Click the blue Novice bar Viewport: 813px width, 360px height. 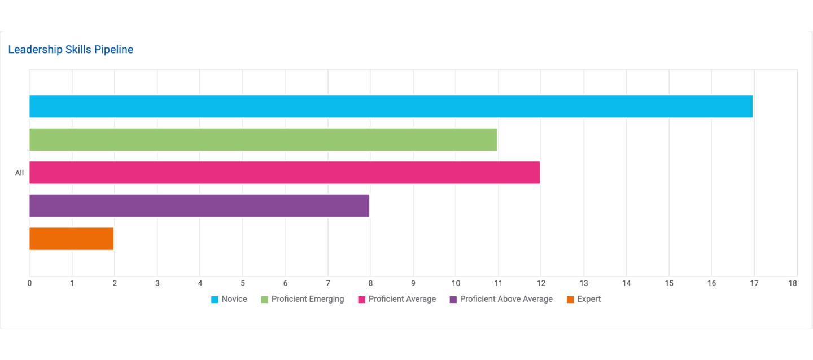tap(391, 107)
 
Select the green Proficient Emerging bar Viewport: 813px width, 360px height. tap(263, 139)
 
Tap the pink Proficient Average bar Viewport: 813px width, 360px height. tap(285, 173)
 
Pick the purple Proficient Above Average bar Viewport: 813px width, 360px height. tap(199, 206)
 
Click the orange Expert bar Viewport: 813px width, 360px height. tap(72, 239)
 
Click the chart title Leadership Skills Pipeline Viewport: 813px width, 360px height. tap(71, 50)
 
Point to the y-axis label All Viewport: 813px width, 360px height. tap(19, 173)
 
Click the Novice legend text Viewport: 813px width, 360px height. tap(234, 299)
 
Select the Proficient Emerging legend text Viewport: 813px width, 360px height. tap(308, 299)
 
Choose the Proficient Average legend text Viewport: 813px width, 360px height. tap(402, 299)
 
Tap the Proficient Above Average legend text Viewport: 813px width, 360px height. tap(506, 299)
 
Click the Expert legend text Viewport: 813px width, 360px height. tap(589, 299)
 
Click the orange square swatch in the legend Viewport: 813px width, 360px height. tap(571, 300)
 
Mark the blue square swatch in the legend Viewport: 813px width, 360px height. tap(215, 300)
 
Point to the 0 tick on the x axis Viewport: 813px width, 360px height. tap(29, 283)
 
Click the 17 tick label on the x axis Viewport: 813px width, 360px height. tap(754, 283)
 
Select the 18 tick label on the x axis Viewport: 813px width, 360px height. tap(793, 283)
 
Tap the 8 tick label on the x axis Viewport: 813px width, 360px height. tap(370, 283)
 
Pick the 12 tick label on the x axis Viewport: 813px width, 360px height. tap(540, 283)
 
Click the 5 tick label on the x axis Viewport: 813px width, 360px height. tap(243, 283)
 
